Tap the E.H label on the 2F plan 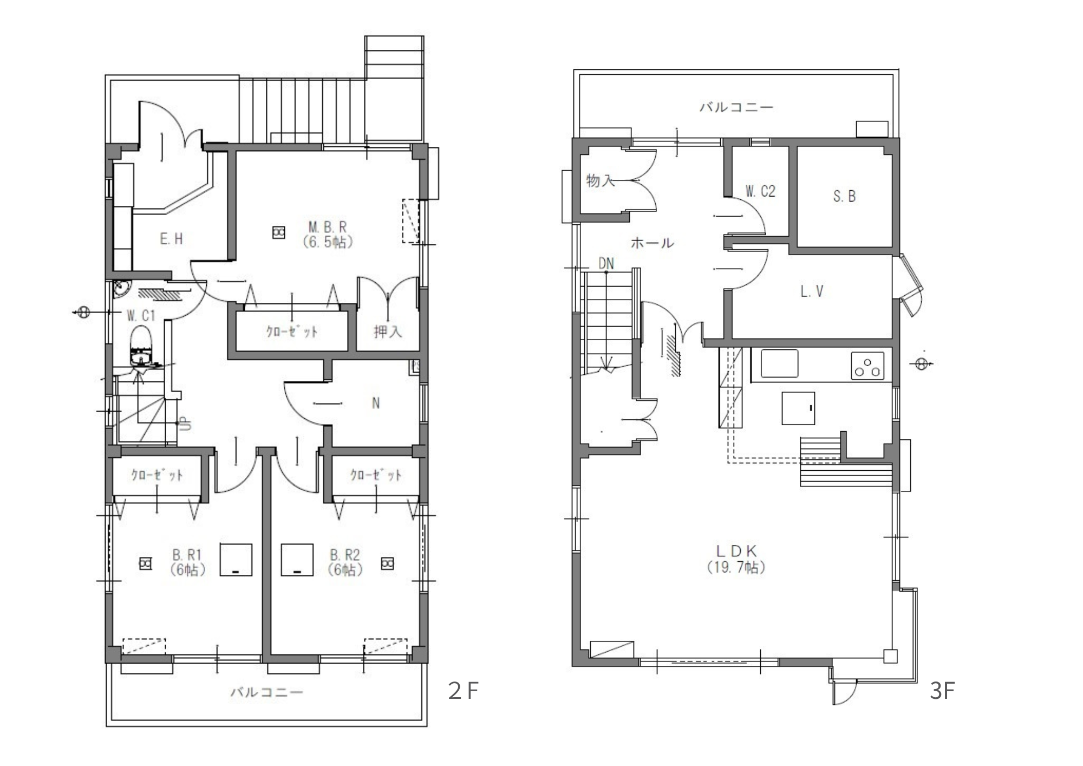pyautogui.click(x=171, y=239)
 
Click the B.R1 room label pyautogui.click(x=187, y=555)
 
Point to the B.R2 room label pyautogui.click(x=345, y=555)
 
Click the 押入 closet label pyautogui.click(x=388, y=331)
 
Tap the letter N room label pyautogui.click(x=376, y=403)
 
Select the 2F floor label pyautogui.click(x=463, y=691)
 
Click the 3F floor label pyautogui.click(x=942, y=691)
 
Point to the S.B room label pyautogui.click(x=844, y=196)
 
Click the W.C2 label pyautogui.click(x=760, y=191)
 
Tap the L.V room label pyautogui.click(x=812, y=291)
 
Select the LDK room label pyautogui.click(x=736, y=551)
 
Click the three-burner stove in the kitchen pyautogui.click(x=867, y=366)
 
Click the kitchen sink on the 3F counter pyautogui.click(x=779, y=363)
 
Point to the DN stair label pyautogui.click(x=606, y=264)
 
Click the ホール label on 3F pyautogui.click(x=652, y=243)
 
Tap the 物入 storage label pyautogui.click(x=601, y=180)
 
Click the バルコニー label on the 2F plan pyautogui.click(x=267, y=692)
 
